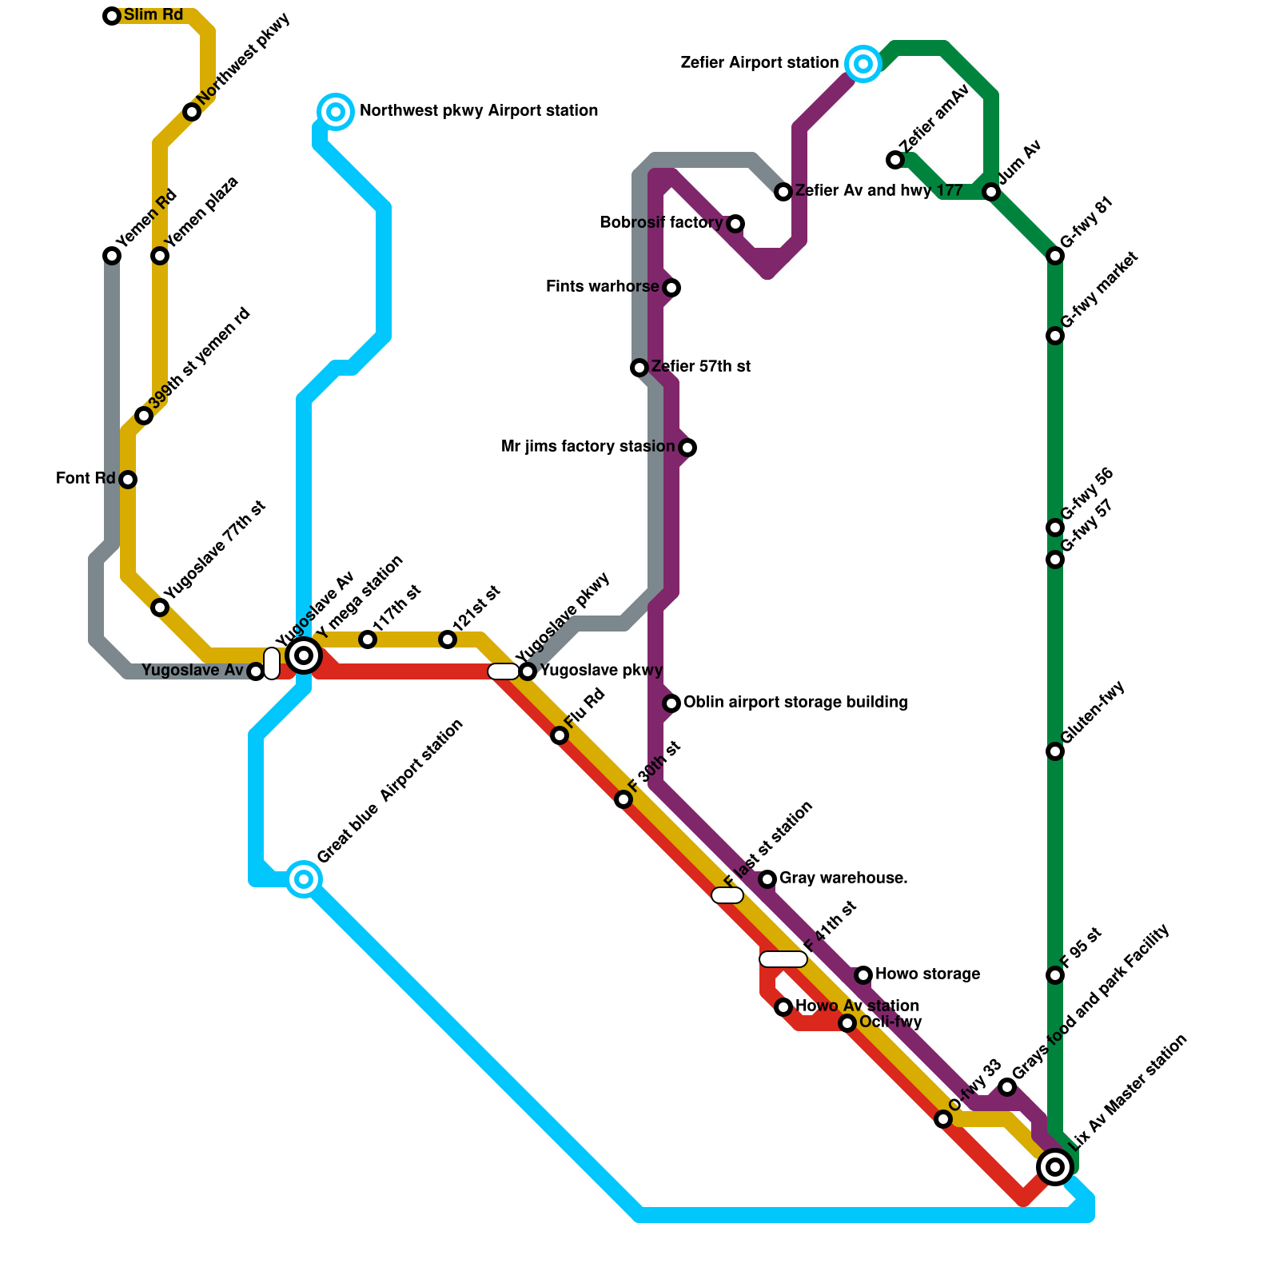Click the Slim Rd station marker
112,16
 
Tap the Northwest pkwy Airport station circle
336,112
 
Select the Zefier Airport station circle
863,64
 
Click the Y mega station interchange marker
304,656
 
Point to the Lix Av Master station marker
1055,1167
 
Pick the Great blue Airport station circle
304,879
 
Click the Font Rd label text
86,479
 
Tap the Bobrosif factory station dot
735,224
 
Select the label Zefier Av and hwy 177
879,191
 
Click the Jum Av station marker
991,192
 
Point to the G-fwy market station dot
1055,336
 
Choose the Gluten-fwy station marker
1055,751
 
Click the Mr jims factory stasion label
588,447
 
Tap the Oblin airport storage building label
795,703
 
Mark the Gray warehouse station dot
767,879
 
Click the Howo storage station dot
863,975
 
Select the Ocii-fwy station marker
847,1023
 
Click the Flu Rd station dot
560,735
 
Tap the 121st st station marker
448,639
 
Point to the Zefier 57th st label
700,367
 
